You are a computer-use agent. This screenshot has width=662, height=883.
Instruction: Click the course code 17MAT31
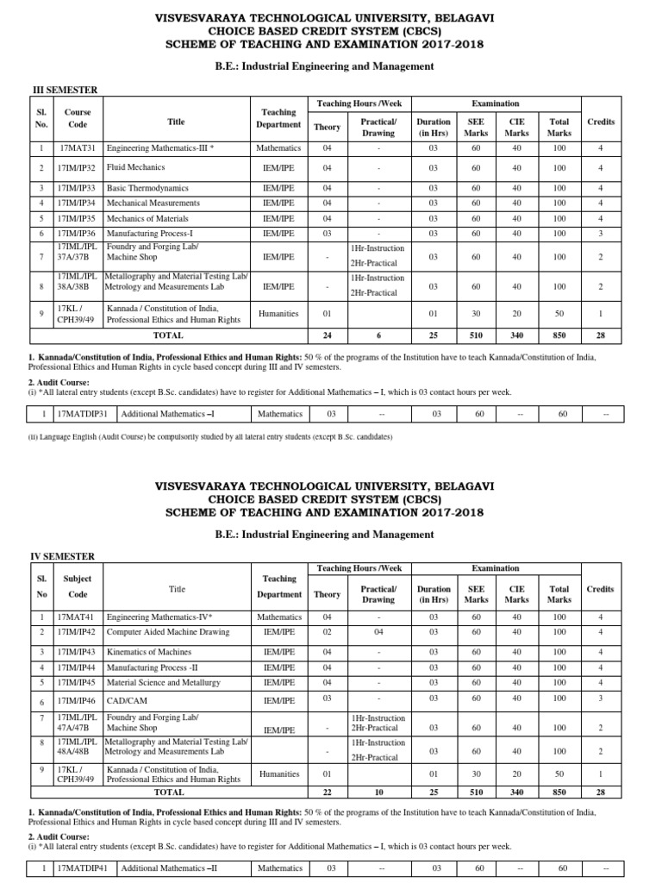pos(77,148)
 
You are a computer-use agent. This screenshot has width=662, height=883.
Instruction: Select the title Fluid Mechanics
pos(135,167)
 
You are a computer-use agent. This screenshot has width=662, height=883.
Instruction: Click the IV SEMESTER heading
pos(63,557)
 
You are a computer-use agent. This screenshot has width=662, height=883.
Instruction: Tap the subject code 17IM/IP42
pos(78,632)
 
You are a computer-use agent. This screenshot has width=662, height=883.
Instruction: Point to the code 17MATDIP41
pos(82,868)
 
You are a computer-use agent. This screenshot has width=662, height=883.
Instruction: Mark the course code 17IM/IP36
pos(78,233)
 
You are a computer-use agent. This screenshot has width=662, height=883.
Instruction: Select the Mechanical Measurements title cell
pos(153,203)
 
